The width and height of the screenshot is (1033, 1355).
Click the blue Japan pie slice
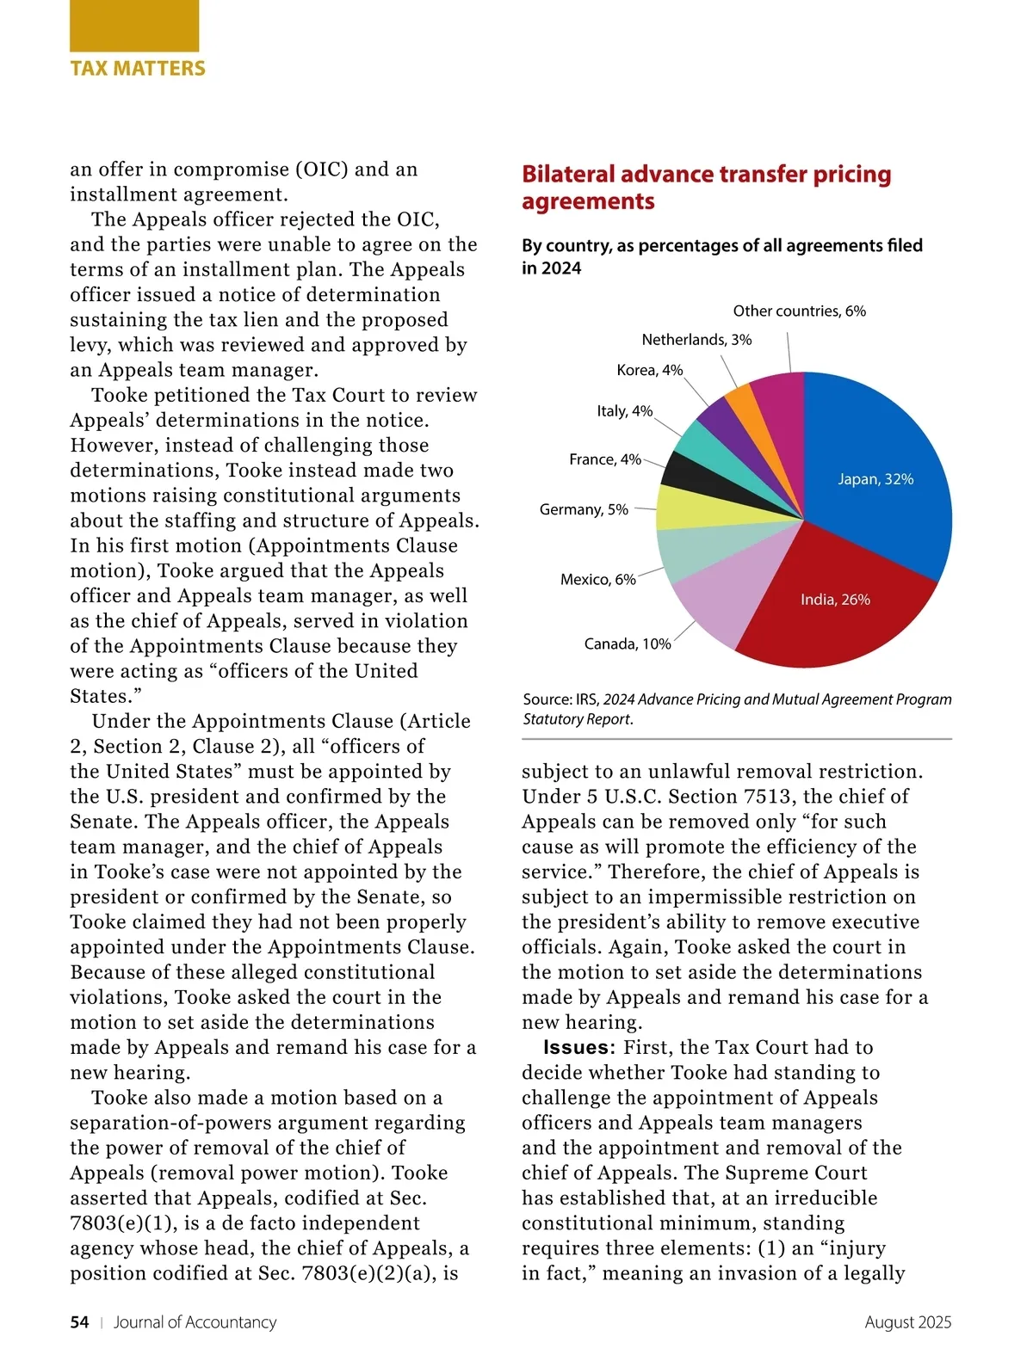pos(878,465)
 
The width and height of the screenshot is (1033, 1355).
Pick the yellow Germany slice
pos(689,508)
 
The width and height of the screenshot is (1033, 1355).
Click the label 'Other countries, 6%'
pos(799,311)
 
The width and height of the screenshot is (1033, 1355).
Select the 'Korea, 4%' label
pos(649,370)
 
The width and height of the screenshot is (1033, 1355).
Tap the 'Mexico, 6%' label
pos(597,580)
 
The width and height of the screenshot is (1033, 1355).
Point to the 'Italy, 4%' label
pos(624,411)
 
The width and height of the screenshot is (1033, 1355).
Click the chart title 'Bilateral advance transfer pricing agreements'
pos(706,188)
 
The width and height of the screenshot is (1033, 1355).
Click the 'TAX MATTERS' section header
pos(138,69)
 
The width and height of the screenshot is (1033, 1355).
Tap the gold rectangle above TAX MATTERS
pos(134,26)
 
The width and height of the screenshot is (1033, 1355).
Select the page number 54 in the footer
pos(79,1322)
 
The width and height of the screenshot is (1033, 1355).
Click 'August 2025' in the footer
pos(907,1322)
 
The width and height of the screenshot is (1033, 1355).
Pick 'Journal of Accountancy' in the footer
pos(195,1322)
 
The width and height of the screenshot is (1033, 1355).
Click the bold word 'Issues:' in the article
pos(578,1048)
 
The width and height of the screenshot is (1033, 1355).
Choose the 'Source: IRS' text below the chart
pos(560,699)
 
